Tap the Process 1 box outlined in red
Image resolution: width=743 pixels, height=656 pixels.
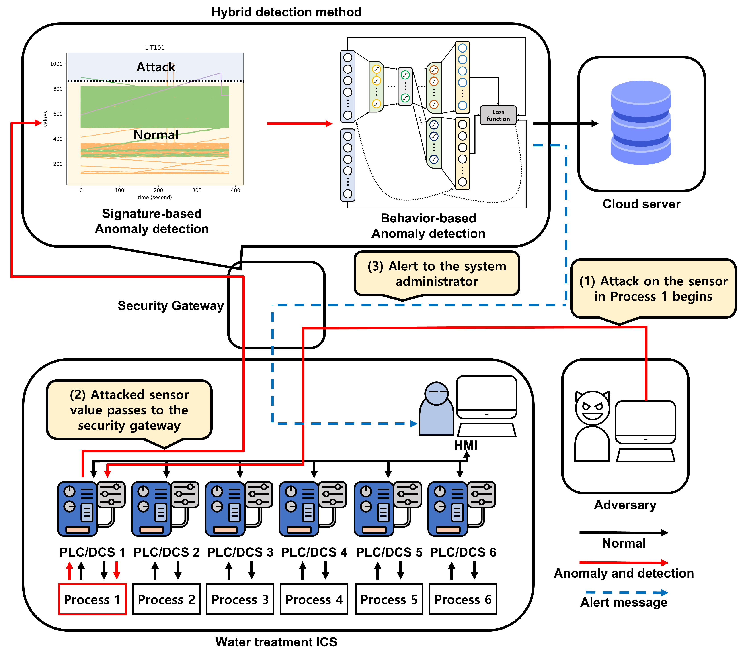(x=92, y=599)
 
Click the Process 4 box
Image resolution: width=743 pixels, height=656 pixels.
(x=314, y=599)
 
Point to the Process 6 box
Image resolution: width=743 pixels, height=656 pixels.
(x=463, y=599)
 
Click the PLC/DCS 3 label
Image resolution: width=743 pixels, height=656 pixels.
(x=240, y=552)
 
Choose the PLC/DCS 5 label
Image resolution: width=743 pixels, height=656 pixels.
(x=389, y=552)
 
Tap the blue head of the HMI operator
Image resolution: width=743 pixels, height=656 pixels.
(x=436, y=394)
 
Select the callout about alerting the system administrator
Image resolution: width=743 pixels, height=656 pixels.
(x=437, y=273)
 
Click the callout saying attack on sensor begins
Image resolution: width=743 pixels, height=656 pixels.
(x=653, y=289)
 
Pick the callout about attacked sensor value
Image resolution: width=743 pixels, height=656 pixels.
(x=129, y=410)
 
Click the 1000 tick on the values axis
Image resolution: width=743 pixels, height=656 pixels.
(x=56, y=64)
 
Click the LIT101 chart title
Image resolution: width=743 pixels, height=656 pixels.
(x=155, y=48)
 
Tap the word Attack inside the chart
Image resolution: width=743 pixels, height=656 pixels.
(x=156, y=67)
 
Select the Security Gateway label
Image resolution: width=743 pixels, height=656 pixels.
(x=170, y=306)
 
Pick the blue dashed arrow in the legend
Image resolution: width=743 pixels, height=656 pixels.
(x=626, y=593)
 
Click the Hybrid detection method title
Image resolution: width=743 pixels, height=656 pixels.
(x=286, y=12)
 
